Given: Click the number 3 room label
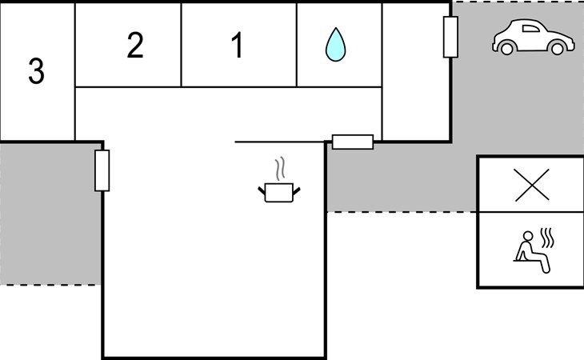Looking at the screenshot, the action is (x=37, y=70).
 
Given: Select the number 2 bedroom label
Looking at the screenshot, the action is (x=135, y=45).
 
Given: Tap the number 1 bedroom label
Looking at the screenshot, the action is (x=238, y=45).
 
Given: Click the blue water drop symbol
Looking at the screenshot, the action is (x=335, y=44).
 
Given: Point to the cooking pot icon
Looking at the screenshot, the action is (x=279, y=193).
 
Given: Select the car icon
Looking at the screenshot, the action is (x=534, y=37).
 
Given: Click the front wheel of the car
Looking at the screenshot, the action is (x=558, y=48).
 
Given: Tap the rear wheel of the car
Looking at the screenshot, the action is (x=507, y=48).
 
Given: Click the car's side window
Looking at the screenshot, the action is (x=530, y=29).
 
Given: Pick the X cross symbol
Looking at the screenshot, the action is (x=532, y=185).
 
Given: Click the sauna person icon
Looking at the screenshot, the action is (x=534, y=251).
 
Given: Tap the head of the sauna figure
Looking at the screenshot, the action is (x=528, y=237).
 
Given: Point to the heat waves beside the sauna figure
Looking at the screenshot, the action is (x=547, y=238).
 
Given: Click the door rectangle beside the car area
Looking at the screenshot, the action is (x=450, y=38).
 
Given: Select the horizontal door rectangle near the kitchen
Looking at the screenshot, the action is (x=353, y=142).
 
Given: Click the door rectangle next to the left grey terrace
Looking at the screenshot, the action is (x=102, y=170).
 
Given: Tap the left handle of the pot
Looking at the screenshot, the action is (x=262, y=190).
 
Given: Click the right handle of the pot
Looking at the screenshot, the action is (x=297, y=191).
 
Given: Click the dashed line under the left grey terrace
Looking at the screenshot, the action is (x=50, y=285).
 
